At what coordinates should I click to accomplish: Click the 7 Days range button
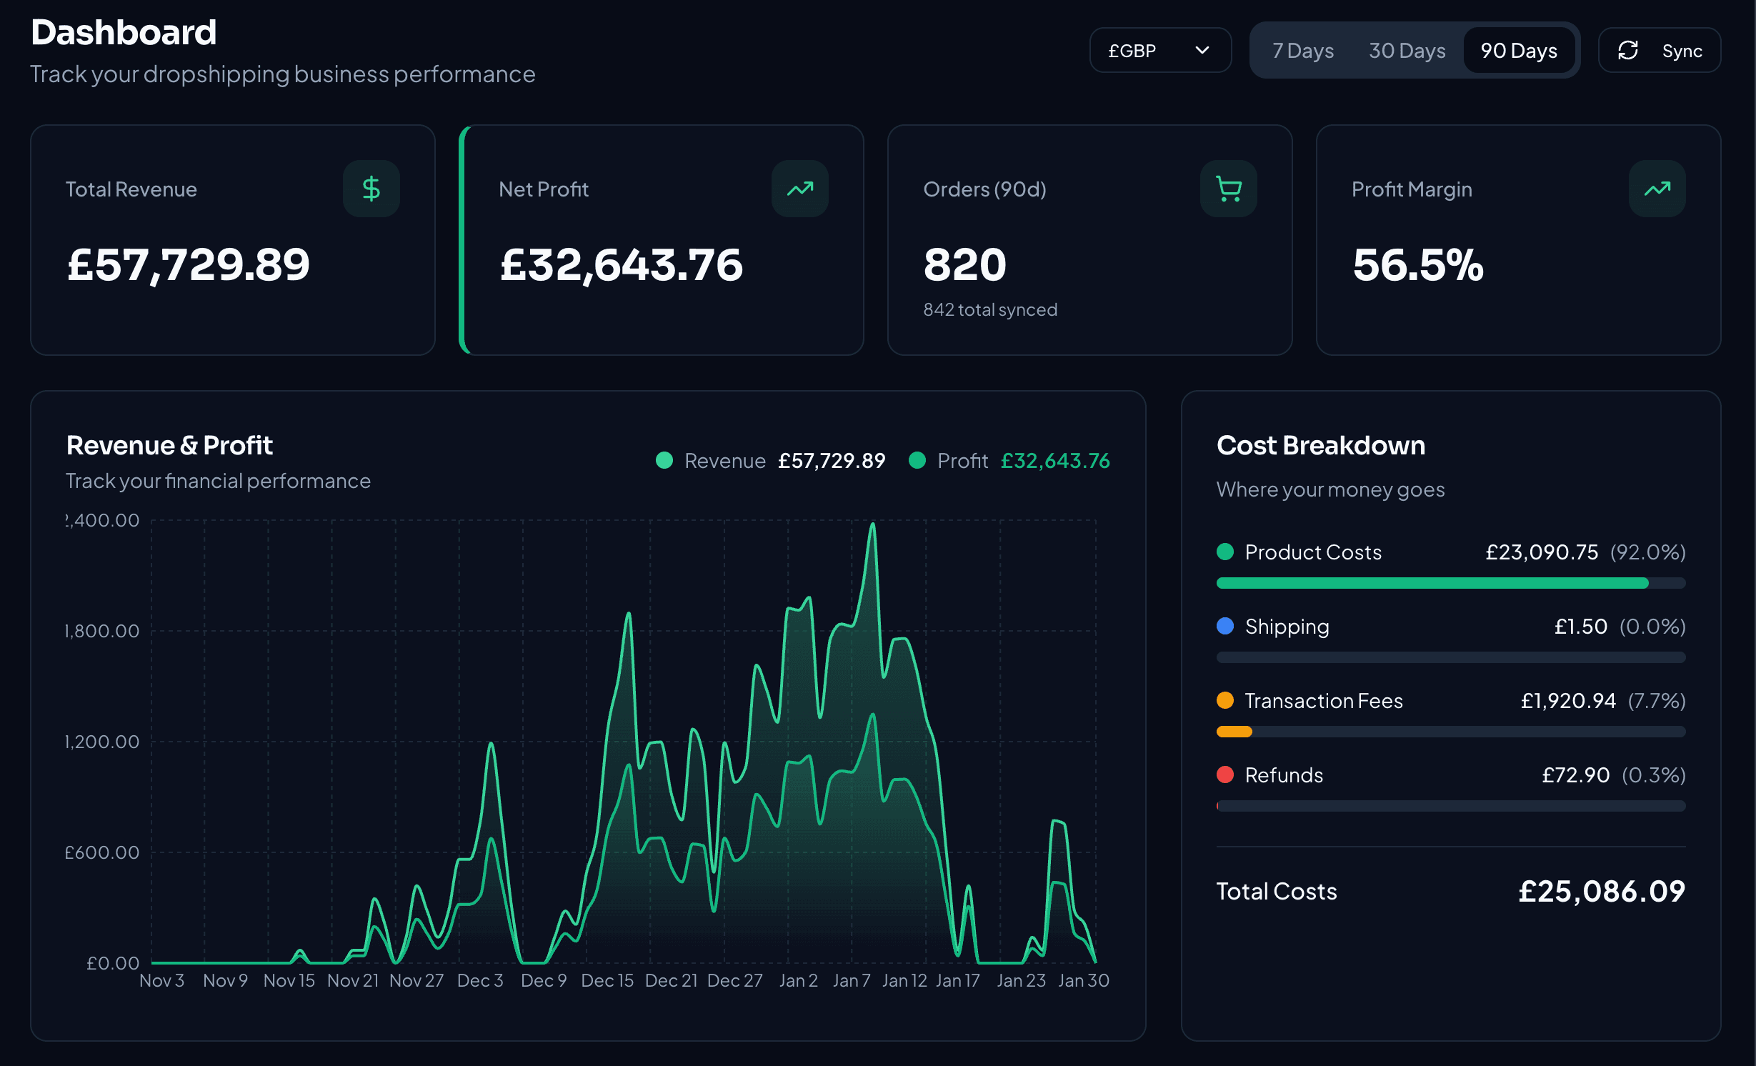(x=1302, y=51)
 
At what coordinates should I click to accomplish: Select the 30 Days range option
(x=1407, y=51)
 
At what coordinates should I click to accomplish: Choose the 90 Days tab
(x=1519, y=51)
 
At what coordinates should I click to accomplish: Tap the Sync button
(x=1659, y=51)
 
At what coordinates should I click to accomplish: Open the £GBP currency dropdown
(x=1159, y=51)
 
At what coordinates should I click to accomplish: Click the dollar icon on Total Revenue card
(x=371, y=189)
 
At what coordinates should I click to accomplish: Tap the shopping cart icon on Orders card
(x=1228, y=189)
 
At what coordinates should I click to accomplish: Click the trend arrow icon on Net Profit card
(x=799, y=189)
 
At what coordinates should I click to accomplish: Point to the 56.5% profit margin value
(x=1417, y=265)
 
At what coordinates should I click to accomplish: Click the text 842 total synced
(x=989, y=309)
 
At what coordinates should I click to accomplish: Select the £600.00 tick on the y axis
(x=102, y=852)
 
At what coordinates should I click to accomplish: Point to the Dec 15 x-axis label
(x=607, y=980)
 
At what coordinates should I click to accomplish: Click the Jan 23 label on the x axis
(x=1021, y=980)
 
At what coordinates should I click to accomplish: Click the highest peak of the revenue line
(x=872, y=525)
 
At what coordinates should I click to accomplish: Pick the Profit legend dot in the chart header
(x=917, y=460)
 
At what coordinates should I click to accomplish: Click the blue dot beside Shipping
(x=1225, y=626)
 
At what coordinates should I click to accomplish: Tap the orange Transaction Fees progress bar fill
(x=1234, y=732)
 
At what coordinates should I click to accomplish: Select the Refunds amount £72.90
(x=1575, y=775)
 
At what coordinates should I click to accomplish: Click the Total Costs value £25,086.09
(x=1601, y=891)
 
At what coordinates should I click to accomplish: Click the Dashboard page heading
(x=124, y=33)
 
